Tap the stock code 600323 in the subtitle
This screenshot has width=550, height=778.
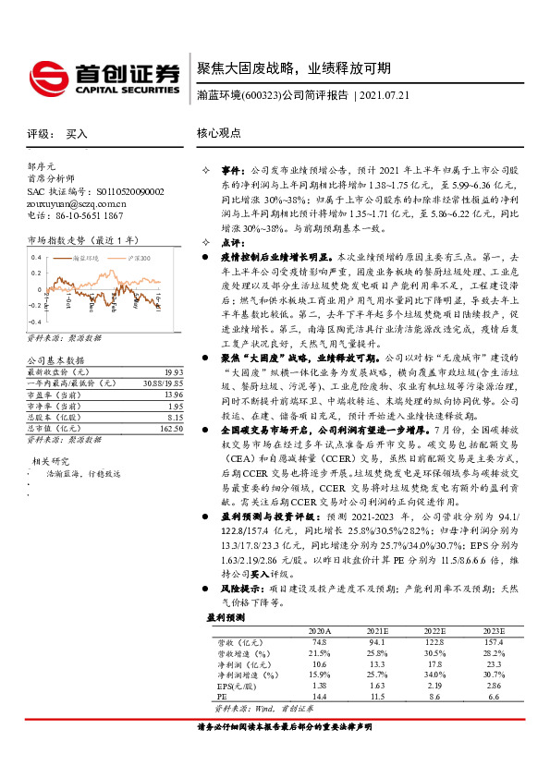(260, 95)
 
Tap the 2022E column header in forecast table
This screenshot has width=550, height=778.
(435, 630)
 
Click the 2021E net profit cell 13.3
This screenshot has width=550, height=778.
(377, 663)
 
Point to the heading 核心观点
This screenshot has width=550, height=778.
(218, 133)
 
